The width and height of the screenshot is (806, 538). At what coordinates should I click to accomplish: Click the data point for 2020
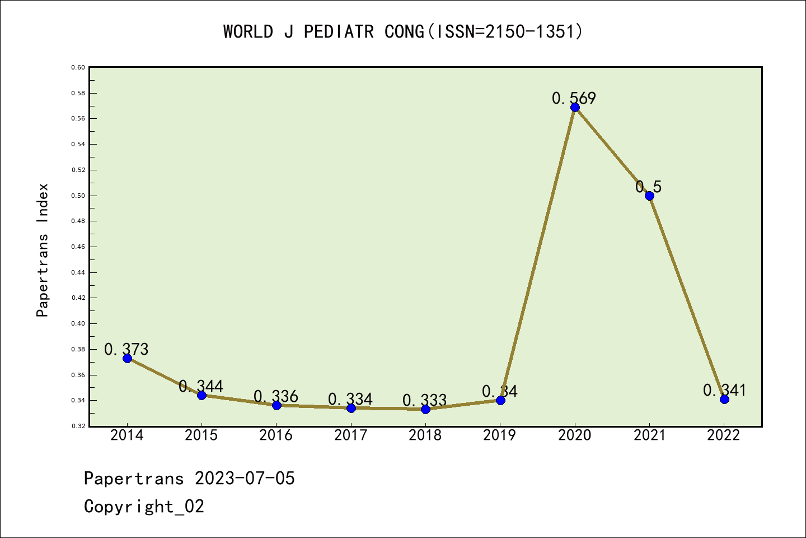pos(575,107)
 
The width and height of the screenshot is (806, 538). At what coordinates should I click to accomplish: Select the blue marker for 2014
pos(127,358)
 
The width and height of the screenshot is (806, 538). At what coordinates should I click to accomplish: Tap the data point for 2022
pos(724,399)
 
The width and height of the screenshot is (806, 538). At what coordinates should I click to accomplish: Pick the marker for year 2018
pos(425,409)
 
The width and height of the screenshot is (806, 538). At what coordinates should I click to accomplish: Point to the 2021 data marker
pos(649,196)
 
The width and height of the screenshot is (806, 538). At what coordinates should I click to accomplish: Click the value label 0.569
pos(574,98)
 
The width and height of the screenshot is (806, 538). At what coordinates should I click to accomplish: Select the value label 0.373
pos(126,349)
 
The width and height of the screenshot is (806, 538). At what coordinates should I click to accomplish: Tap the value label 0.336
pos(276,396)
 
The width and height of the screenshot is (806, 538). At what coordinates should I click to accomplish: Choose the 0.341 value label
pos(724,390)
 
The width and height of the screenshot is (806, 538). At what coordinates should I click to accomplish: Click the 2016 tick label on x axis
pos(276,435)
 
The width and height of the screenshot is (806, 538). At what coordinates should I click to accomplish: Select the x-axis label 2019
pos(500,435)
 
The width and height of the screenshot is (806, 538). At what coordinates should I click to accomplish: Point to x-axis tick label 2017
pos(351,435)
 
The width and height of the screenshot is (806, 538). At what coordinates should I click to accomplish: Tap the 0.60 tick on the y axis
pos(78,67)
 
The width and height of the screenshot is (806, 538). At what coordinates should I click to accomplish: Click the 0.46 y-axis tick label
pos(78,247)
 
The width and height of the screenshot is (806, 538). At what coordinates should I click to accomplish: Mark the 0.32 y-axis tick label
pos(78,426)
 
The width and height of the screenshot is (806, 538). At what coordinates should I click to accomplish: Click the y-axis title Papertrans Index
pos(43,250)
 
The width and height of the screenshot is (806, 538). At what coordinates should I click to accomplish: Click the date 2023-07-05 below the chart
pos(245,478)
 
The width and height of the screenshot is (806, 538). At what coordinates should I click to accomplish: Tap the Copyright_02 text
pos(144,506)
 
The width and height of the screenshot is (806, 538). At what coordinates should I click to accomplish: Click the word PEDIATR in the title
pos(339,31)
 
